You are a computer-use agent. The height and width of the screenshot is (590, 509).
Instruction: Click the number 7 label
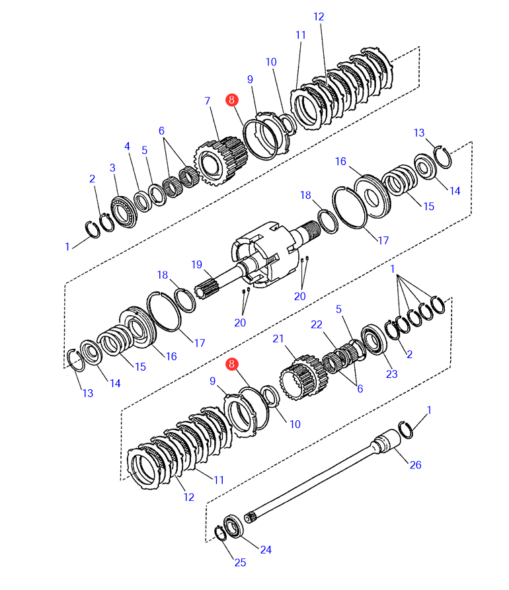pyautogui.click(x=207, y=101)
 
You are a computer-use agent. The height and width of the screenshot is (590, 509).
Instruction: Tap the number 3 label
pyautogui.click(x=113, y=168)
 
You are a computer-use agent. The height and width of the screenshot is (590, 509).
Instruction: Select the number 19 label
pyautogui.click(x=196, y=264)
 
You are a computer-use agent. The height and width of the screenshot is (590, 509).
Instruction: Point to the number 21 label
pyautogui.click(x=278, y=338)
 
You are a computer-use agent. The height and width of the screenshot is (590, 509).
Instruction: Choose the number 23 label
pyautogui.click(x=392, y=374)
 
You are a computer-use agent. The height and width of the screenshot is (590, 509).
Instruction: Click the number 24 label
pyautogui.click(x=265, y=549)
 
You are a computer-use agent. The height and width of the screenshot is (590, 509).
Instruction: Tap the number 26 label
pyautogui.click(x=414, y=464)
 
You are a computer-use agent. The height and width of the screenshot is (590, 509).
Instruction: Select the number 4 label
pyautogui.click(x=128, y=146)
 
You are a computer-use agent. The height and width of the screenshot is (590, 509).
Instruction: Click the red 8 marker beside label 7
pyautogui.click(x=231, y=100)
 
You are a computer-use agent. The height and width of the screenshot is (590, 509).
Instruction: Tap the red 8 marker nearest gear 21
pyautogui.click(x=231, y=364)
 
